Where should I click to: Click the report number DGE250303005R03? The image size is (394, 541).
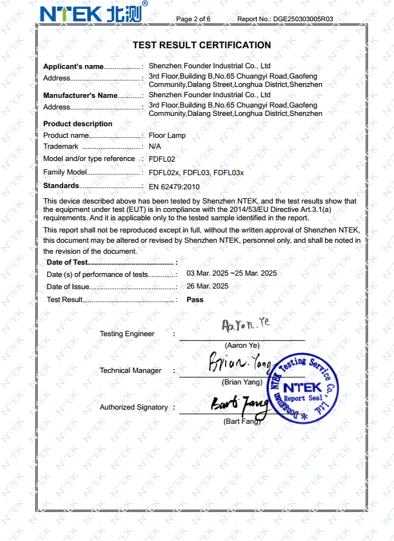point(303,19)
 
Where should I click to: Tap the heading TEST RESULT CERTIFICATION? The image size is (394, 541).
point(201,45)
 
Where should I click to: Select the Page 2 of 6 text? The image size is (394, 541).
point(193,19)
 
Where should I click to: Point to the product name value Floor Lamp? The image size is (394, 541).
point(167,136)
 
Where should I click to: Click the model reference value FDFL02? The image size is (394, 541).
point(162,158)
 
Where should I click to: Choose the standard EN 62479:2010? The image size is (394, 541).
point(174,187)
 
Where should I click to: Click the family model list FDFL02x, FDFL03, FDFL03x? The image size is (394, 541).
point(196,173)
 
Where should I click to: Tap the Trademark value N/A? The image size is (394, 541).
point(155,147)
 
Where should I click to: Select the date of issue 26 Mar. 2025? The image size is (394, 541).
point(208,286)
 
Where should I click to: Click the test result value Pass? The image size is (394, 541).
point(195,299)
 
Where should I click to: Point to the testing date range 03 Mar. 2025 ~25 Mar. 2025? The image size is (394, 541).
point(231,273)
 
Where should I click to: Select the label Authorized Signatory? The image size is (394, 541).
point(133,407)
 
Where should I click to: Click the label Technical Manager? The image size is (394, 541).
point(130,370)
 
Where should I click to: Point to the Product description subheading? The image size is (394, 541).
point(77,124)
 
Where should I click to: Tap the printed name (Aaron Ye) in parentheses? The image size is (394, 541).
point(242,345)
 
